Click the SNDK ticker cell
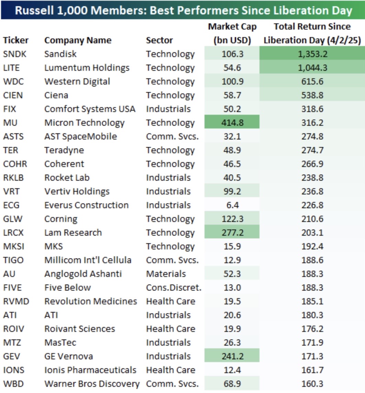[14, 54]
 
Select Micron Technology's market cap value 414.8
[232, 123]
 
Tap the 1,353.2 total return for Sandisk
[312, 54]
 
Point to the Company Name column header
[78, 40]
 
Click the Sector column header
[159, 40]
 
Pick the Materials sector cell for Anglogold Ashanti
[166, 274]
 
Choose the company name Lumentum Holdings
[87, 68]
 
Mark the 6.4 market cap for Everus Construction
[232, 205]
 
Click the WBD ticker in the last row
[13, 384]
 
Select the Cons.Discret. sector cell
[174, 288]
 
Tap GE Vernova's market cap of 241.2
[232, 356]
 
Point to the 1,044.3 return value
[312, 68]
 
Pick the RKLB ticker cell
[13, 178]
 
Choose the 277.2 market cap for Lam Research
[232, 233]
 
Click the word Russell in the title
[35, 11]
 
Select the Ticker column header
[16, 40]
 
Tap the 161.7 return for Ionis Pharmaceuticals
[312, 370]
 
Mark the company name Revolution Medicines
[91, 301]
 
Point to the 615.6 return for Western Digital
[312, 81]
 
